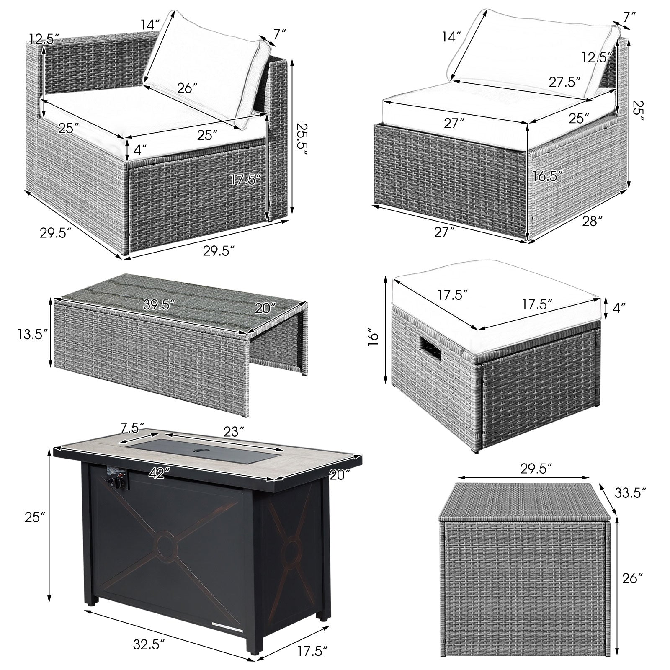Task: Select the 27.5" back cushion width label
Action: [565, 81]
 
